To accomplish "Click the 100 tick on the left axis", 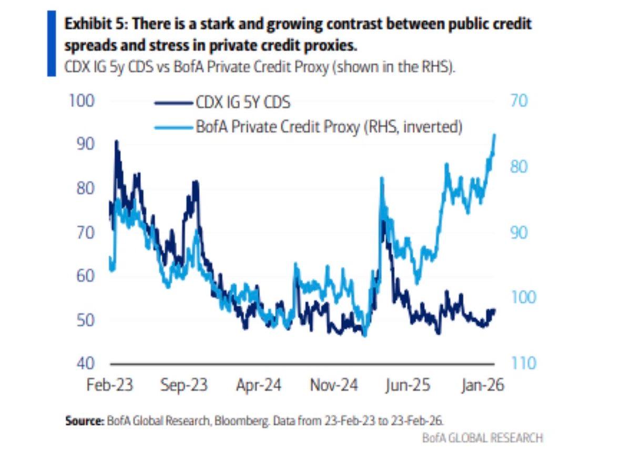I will point(81,101).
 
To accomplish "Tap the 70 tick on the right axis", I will point(523,101).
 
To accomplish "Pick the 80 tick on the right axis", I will point(523,166).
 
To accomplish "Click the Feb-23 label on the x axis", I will point(109,385).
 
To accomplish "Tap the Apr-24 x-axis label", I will point(258,385).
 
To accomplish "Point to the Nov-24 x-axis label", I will point(334,385).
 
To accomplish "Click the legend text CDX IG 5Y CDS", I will point(243,102).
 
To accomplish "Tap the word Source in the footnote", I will point(84,421).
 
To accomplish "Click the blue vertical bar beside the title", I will point(52,43).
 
